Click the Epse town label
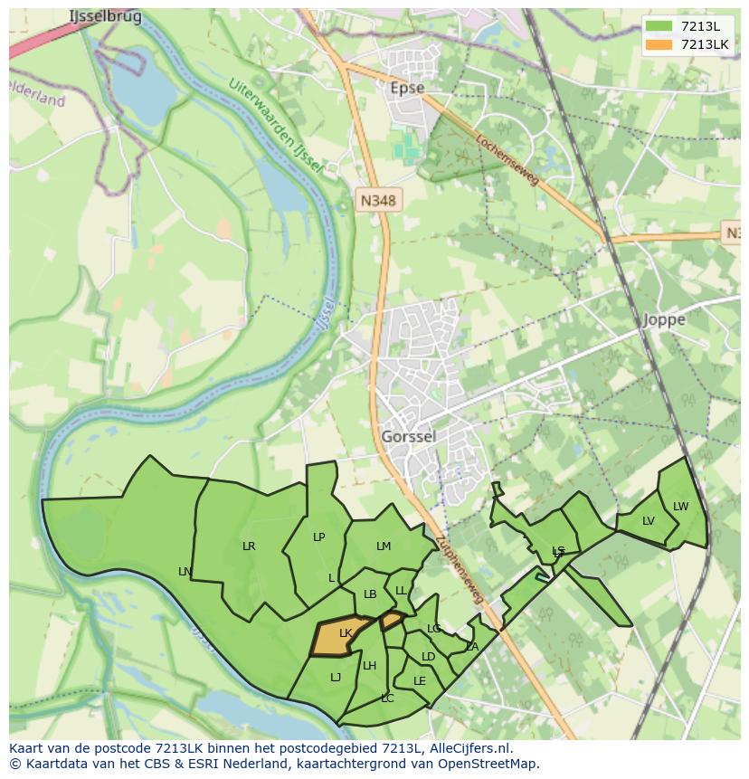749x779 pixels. [x=406, y=88]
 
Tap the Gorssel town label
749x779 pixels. [x=408, y=436]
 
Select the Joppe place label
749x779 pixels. [x=664, y=319]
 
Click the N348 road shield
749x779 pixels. [x=377, y=201]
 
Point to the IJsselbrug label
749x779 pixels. [x=105, y=16]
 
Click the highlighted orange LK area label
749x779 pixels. [x=345, y=633]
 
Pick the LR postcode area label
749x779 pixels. [x=249, y=546]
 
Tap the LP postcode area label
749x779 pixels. [x=318, y=537]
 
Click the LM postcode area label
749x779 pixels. [x=384, y=546]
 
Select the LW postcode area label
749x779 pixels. [x=680, y=506]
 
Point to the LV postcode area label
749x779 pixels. [x=648, y=520]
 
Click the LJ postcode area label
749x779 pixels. [x=336, y=677]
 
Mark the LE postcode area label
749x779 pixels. [x=419, y=680]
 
